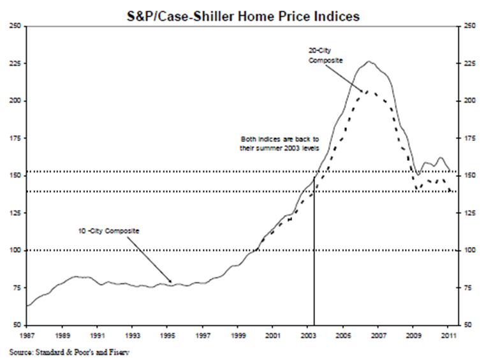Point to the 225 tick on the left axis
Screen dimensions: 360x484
[15, 64]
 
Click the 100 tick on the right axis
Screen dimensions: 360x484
[469, 251]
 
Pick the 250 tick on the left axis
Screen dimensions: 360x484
[15, 26]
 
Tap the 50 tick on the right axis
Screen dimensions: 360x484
[469, 326]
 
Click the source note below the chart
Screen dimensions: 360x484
[68, 351]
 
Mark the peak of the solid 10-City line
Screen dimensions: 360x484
[369, 62]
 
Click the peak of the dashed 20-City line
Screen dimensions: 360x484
[367, 91]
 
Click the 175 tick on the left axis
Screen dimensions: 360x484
[15, 139]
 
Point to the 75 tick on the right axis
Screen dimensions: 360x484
[469, 289]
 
